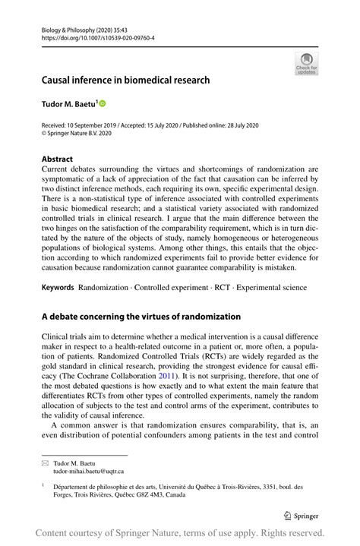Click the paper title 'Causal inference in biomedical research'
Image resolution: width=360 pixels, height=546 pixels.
125,79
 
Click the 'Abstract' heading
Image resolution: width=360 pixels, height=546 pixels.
58,159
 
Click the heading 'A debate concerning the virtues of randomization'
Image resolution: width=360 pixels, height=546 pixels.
141,316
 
